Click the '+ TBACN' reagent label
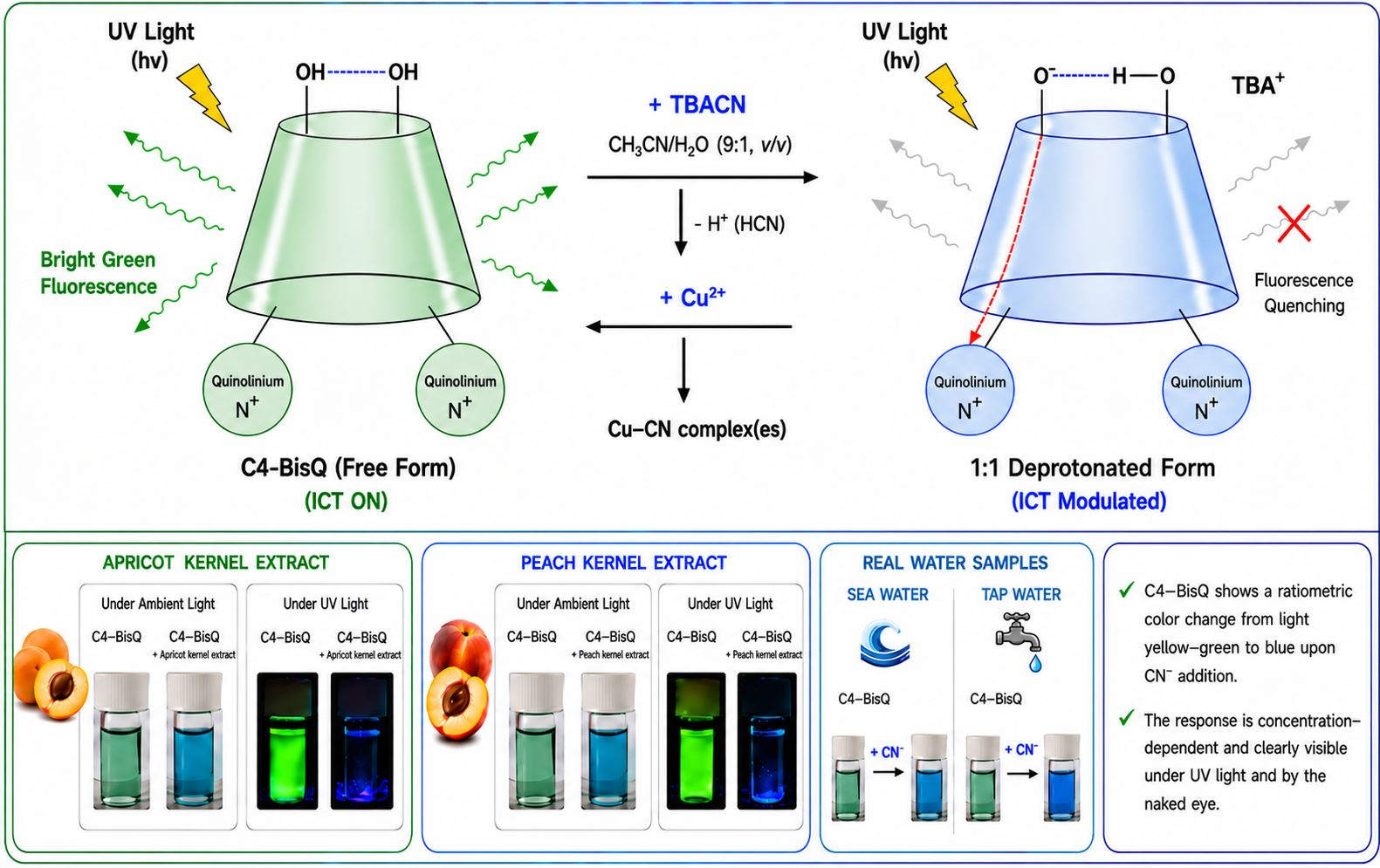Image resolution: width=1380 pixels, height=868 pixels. pyautogui.click(x=697, y=105)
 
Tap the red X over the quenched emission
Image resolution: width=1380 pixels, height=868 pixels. pyautogui.click(x=1294, y=223)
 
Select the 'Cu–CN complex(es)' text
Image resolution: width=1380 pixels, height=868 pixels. pyautogui.click(x=697, y=429)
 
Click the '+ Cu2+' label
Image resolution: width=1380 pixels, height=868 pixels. pyautogui.click(x=692, y=297)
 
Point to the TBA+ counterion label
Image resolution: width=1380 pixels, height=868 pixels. pyautogui.click(x=1258, y=85)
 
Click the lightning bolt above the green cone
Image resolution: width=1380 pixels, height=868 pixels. pyautogui.click(x=204, y=97)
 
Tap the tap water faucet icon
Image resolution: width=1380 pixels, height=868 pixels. pyautogui.click(x=1020, y=640)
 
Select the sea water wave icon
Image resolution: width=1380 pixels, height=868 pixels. pyautogui.click(x=885, y=644)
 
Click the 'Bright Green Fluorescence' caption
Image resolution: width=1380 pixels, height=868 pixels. pyautogui.click(x=99, y=273)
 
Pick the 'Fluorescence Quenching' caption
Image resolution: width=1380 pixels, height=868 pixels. pyautogui.click(x=1303, y=293)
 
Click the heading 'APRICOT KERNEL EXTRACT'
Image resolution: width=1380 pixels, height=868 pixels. pyautogui.click(x=216, y=563)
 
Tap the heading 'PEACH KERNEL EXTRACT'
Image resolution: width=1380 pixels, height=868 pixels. pyautogui.click(x=623, y=563)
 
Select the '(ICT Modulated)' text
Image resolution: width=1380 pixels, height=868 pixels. pyautogui.click(x=1088, y=501)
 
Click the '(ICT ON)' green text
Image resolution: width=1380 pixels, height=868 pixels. pyautogui.click(x=347, y=501)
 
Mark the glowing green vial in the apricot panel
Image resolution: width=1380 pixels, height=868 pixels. pyautogui.click(x=287, y=741)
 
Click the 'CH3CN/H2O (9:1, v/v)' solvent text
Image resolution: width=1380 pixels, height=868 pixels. pyautogui.click(x=700, y=146)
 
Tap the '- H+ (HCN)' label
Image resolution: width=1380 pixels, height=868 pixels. pyautogui.click(x=739, y=223)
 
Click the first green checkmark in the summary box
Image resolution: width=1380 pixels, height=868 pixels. pyautogui.click(x=1126, y=591)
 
